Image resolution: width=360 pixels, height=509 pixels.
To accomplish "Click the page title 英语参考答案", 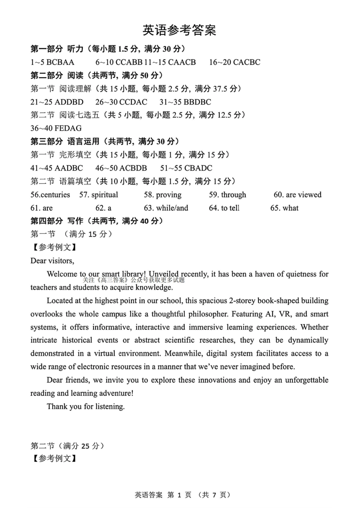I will click(179, 30).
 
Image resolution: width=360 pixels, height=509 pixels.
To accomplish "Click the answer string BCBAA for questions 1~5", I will click(60, 62).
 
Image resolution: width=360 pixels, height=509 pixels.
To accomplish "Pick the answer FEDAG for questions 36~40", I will click(68, 128).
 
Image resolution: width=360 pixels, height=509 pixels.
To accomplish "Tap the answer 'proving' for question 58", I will click(169, 195).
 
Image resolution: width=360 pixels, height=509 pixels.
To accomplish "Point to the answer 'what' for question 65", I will click(291, 208).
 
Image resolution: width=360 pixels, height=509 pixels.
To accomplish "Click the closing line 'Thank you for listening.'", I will click(86, 406).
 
